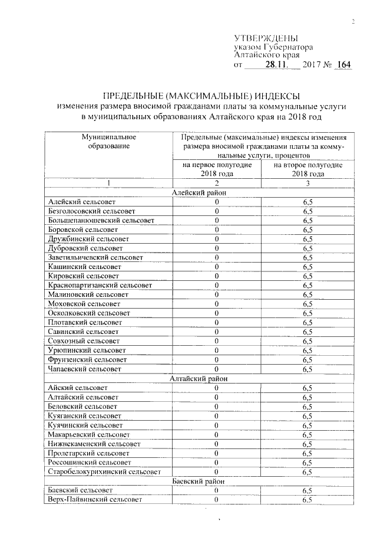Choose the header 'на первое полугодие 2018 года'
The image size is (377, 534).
[217, 169]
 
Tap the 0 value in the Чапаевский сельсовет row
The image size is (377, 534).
[217, 369]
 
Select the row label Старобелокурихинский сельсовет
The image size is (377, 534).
[104, 471]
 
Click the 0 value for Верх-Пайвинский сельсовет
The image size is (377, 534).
[217, 500]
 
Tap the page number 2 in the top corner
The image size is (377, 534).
[353, 22]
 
